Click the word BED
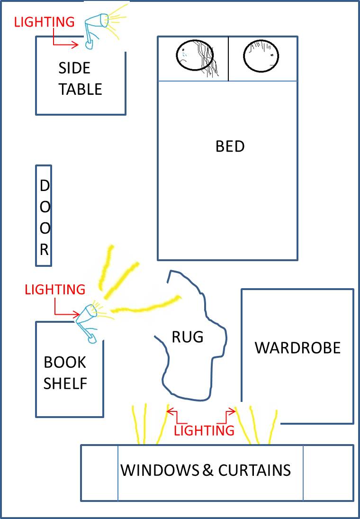point(230,146)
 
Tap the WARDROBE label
point(297,347)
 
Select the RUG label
point(187,337)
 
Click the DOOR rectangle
point(44,216)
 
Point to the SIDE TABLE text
point(80,79)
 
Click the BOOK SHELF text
point(65,373)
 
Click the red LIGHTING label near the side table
point(45,22)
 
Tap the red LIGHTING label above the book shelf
point(55,289)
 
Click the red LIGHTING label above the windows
point(204,430)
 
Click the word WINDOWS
point(160,471)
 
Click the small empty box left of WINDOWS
point(99,473)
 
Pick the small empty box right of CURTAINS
point(328,473)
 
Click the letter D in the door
point(44,186)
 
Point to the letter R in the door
point(44,250)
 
